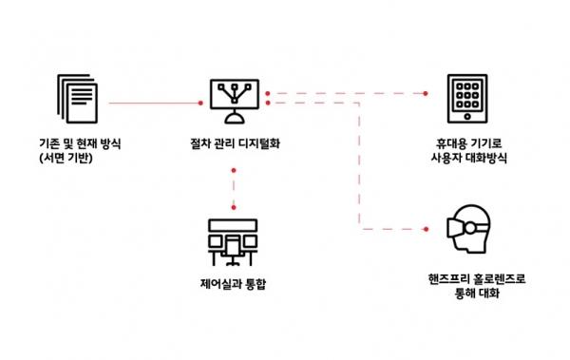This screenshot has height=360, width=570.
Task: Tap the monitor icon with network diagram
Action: point(233,97)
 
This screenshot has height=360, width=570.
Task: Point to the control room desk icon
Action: point(234,242)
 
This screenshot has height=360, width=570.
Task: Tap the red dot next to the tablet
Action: point(427,93)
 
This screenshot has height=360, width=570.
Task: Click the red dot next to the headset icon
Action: point(427,230)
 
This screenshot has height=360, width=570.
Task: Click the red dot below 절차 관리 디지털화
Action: point(234,170)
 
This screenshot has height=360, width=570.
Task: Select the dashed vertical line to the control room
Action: point(234,189)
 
